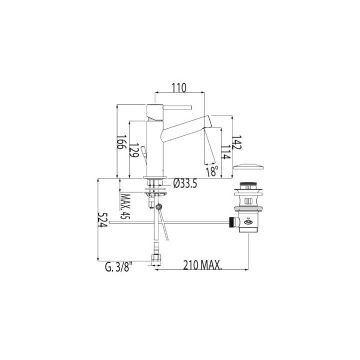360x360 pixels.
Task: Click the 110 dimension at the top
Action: coord(179,88)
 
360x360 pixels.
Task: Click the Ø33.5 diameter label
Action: coord(185,183)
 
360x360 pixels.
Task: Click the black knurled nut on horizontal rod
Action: coord(231,222)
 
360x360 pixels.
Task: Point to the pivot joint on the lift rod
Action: coord(159,207)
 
